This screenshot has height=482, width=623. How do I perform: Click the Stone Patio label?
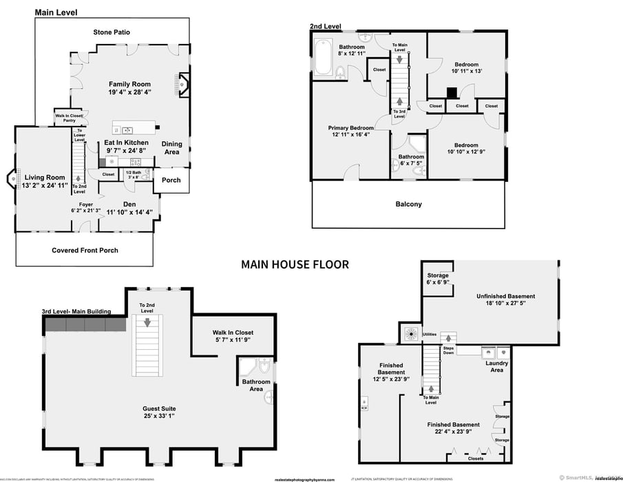pos(112,32)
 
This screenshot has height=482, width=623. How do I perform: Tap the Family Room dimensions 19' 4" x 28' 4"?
pos(129,92)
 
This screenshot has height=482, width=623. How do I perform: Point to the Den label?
pos(129,204)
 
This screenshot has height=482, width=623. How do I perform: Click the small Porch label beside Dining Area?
pos(171,180)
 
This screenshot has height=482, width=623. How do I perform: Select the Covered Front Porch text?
pos(85,250)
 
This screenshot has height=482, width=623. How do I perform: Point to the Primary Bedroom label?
pos(350,127)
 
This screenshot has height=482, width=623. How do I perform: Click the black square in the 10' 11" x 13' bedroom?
pos(452,92)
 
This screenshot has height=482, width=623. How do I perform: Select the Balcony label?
pos(408,204)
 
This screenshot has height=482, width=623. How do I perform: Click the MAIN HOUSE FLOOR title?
pos(295,264)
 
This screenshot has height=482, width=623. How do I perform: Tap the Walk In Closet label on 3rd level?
pos(235,333)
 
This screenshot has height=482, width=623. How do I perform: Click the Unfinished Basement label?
pos(505,296)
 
